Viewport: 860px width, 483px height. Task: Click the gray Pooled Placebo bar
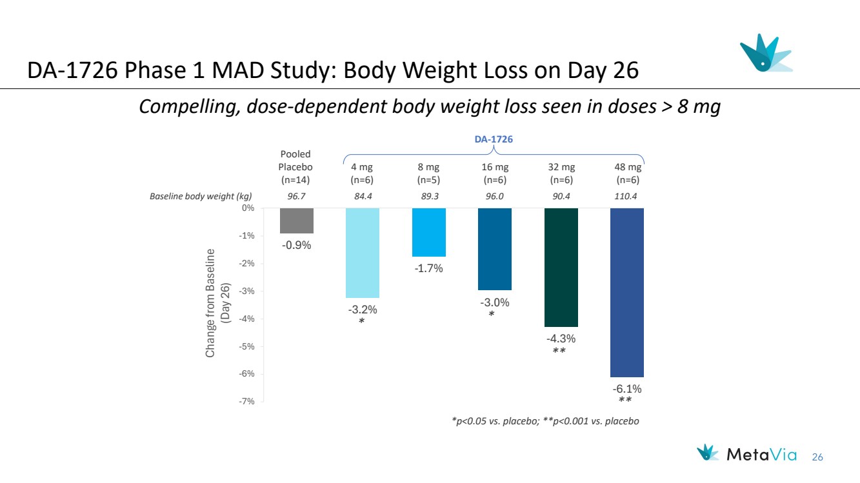297,221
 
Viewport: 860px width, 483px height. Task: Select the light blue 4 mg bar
363,253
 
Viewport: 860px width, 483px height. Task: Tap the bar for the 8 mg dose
429,232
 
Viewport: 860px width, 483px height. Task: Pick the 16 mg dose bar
495,249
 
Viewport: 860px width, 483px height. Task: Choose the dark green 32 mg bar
561,267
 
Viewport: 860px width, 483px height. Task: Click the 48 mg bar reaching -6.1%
627,292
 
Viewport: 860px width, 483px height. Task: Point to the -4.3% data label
561,339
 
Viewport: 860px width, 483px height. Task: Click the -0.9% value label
297,245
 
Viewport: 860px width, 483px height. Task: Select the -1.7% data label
429,268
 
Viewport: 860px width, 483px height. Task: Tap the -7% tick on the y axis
248,402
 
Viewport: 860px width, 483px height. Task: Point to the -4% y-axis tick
248,319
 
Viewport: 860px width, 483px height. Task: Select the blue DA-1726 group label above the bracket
494,139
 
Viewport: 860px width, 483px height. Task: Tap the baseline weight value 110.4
626,197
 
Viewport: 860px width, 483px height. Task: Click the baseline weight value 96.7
296,197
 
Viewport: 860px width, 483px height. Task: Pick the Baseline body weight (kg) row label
201,197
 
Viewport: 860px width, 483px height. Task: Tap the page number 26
817,457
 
